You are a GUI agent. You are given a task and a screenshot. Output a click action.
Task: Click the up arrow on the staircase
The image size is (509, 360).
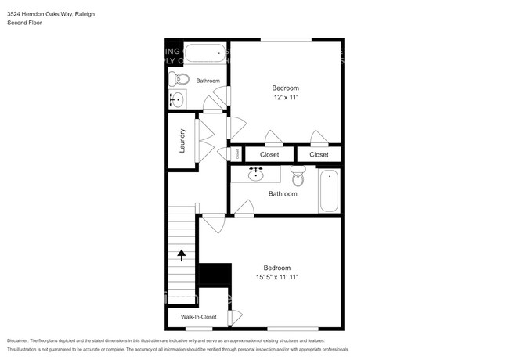[182, 254]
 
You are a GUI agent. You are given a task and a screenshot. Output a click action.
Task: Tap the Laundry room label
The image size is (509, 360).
[182, 140]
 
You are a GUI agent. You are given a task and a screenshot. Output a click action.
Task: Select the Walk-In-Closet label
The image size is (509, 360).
[198, 317]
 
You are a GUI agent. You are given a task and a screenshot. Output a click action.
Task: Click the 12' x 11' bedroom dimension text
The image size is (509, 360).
[285, 98]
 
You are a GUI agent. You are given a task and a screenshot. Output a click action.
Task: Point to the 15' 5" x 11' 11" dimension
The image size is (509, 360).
[277, 276]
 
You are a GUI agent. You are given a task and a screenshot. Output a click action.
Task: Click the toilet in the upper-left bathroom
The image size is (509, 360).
[179, 79]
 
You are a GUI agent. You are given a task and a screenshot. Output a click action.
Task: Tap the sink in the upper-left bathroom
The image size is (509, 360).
[177, 99]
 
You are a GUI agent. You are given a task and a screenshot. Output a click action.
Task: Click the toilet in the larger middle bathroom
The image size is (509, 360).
[298, 173]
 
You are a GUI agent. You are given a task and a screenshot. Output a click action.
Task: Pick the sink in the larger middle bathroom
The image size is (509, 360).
[255, 174]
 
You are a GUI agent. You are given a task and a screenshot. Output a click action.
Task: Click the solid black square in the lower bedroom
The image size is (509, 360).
[215, 275]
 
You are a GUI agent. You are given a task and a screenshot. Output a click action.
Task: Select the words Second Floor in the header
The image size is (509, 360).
[24, 23]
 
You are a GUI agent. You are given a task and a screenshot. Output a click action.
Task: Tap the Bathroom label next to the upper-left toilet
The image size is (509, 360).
[208, 81]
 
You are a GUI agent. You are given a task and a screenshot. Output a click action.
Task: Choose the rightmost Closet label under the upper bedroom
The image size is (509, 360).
[319, 155]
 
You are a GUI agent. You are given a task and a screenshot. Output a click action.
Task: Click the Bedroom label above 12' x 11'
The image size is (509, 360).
[285, 88]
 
